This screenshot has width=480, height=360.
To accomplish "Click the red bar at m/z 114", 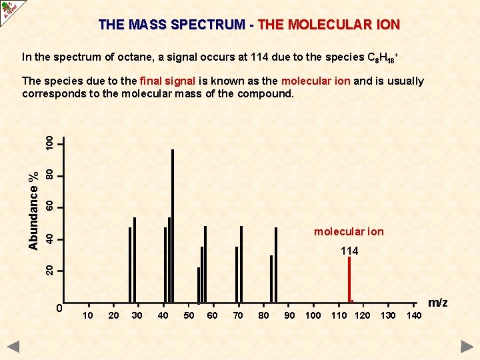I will click(349, 280).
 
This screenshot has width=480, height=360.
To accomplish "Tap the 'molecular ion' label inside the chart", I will click(349, 232).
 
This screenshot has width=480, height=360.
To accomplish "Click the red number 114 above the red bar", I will click(349, 251).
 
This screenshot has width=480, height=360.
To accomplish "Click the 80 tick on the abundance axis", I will click(50, 175).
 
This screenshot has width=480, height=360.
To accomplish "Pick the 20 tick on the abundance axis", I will click(50, 270).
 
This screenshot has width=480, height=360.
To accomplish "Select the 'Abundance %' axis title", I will click(33, 210).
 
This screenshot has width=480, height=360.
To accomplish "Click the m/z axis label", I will click(437, 303).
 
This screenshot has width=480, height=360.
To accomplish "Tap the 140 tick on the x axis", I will click(413, 315).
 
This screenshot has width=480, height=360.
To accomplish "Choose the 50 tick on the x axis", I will click(189, 315).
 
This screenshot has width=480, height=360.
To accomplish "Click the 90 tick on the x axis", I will click(289, 315).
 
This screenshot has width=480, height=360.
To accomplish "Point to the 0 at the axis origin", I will click(59, 308).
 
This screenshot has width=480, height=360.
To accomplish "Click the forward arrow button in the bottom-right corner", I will click(467, 346).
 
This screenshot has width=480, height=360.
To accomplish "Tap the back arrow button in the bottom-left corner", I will click(14, 346).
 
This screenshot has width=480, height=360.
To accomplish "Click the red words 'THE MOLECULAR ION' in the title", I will click(329, 25).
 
